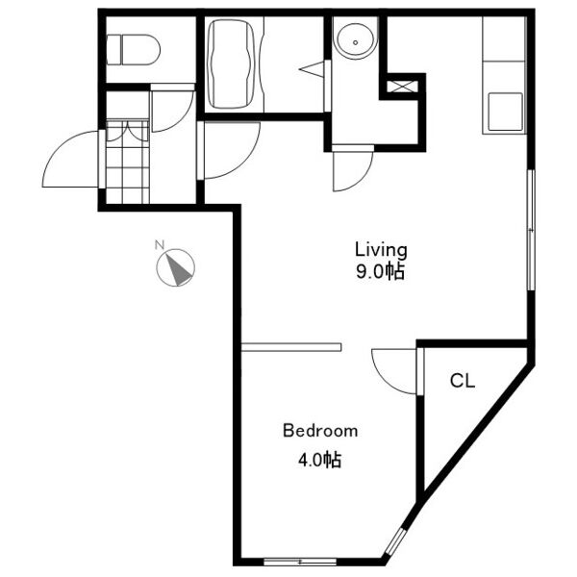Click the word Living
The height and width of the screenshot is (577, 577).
(381, 249)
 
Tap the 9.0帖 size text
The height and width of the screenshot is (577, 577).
(380, 272)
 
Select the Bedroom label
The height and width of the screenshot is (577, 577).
(320, 431)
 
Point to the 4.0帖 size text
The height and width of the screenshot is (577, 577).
(320, 460)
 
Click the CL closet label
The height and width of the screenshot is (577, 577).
(463, 381)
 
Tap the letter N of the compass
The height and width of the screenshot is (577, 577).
(159, 244)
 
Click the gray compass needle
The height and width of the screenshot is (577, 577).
(178, 269)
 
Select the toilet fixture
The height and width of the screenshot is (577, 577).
(134, 50)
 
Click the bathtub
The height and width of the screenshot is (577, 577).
(231, 64)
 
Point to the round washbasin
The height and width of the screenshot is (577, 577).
(355, 41)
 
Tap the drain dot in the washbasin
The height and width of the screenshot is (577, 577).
(355, 42)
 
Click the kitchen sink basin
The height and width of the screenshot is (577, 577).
(505, 112)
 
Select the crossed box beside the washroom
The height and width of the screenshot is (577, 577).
(402, 87)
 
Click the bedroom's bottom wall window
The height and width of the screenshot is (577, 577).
(300, 562)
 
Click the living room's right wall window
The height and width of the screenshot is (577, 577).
(531, 230)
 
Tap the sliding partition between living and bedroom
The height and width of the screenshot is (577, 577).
(291, 347)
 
